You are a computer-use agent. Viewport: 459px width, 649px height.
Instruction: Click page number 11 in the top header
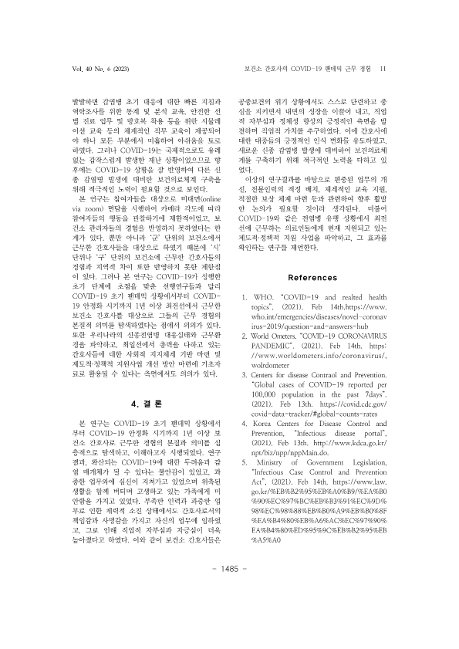383,69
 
